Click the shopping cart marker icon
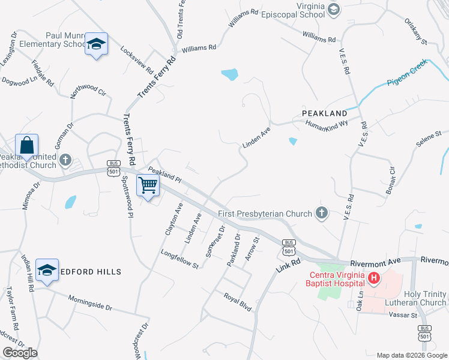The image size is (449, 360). pyautogui.click(x=147, y=185)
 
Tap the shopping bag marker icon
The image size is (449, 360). pyautogui.click(x=26, y=146)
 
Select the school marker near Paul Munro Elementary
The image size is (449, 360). pyautogui.click(x=96, y=44)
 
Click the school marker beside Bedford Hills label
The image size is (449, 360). pyautogui.click(x=47, y=271)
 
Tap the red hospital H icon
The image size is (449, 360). pyautogui.click(x=374, y=278)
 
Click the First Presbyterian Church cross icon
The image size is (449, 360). pyautogui.click(x=322, y=213)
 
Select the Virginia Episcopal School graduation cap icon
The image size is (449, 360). pyautogui.click(x=334, y=10)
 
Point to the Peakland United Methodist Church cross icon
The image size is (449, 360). pyautogui.click(x=66, y=161)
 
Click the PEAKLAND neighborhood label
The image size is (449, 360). pyautogui.click(x=324, y=113)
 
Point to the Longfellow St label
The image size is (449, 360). pyautogui.click(x=179, y=259)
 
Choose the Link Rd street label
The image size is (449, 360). pyautogui.click(x=288, y=259)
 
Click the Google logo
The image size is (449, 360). pyautogui.click(x=20, y=353)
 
